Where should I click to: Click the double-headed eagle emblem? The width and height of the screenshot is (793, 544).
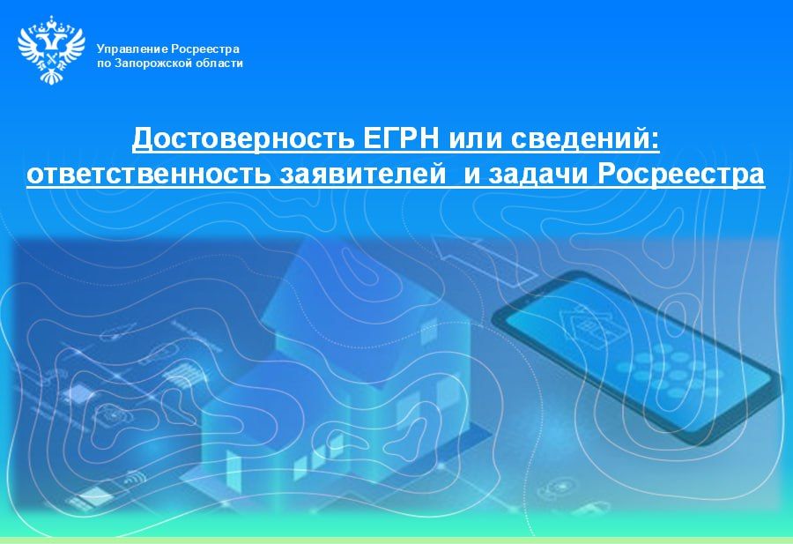pyautogui.click(x=51, y=49)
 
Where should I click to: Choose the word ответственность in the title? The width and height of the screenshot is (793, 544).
pyautogui.click(x=147, y=175)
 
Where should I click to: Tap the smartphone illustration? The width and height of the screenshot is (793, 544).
pyautogui.click(x=634, y=353)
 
